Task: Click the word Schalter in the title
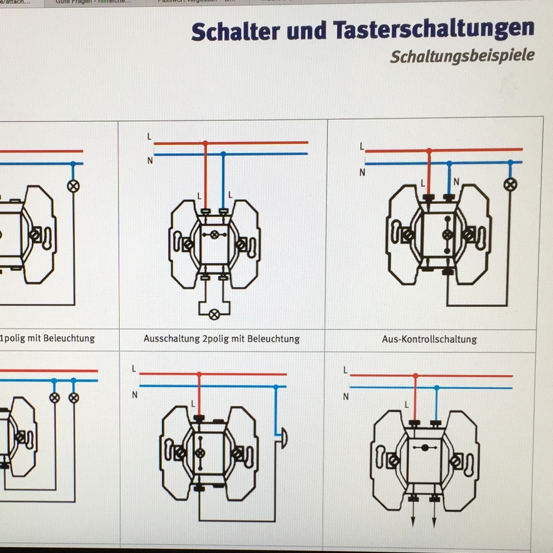point(235,31)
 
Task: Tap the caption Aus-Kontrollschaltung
point(429,339)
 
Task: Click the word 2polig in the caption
point(216,339)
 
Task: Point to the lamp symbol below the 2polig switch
point(214,315)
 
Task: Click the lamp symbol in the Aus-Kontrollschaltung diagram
point(510,184)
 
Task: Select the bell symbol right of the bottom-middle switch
point(284,438)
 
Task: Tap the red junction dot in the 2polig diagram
point(205,143)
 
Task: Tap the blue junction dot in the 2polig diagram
point(223,154)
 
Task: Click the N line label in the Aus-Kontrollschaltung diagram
point(362,172)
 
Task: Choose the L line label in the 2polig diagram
point(149,136)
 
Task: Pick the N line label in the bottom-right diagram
point(346,397)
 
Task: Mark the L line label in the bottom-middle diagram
point(134,369)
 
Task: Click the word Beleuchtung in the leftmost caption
point(69,338)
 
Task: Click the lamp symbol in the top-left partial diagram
point(74,186)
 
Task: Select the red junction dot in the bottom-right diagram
point(415,376)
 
